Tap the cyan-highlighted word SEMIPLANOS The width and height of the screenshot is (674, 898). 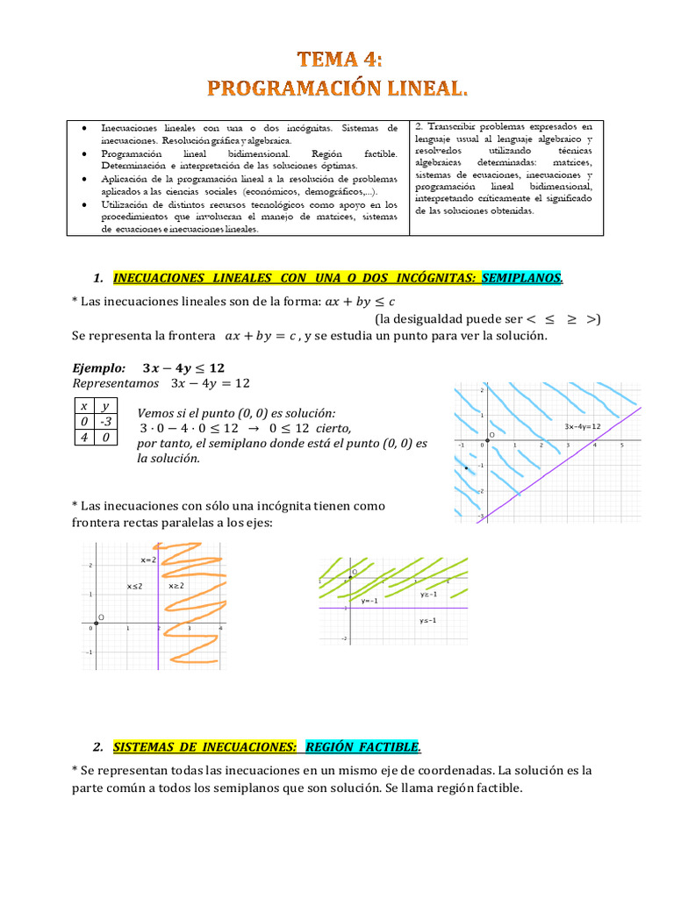[522, 278]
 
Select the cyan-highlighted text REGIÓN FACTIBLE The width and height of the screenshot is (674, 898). [362, 747]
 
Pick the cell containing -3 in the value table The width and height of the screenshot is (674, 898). [105, 421]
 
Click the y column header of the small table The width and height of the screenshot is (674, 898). [105, 406]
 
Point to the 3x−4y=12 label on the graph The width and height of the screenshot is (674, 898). [582, 426]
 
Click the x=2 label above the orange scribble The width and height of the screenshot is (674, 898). [148, 559]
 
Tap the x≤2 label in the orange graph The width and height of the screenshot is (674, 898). [134, 585]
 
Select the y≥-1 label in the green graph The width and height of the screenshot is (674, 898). [428, 595]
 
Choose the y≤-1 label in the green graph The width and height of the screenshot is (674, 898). [428, 621]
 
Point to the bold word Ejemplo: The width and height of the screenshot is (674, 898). [98, 367]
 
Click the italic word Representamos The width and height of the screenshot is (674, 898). [116, 383]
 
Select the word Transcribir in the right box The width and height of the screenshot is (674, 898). [461, 126]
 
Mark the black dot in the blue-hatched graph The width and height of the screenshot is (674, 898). [466, 469]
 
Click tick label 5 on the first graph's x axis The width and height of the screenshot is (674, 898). [621, 445]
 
